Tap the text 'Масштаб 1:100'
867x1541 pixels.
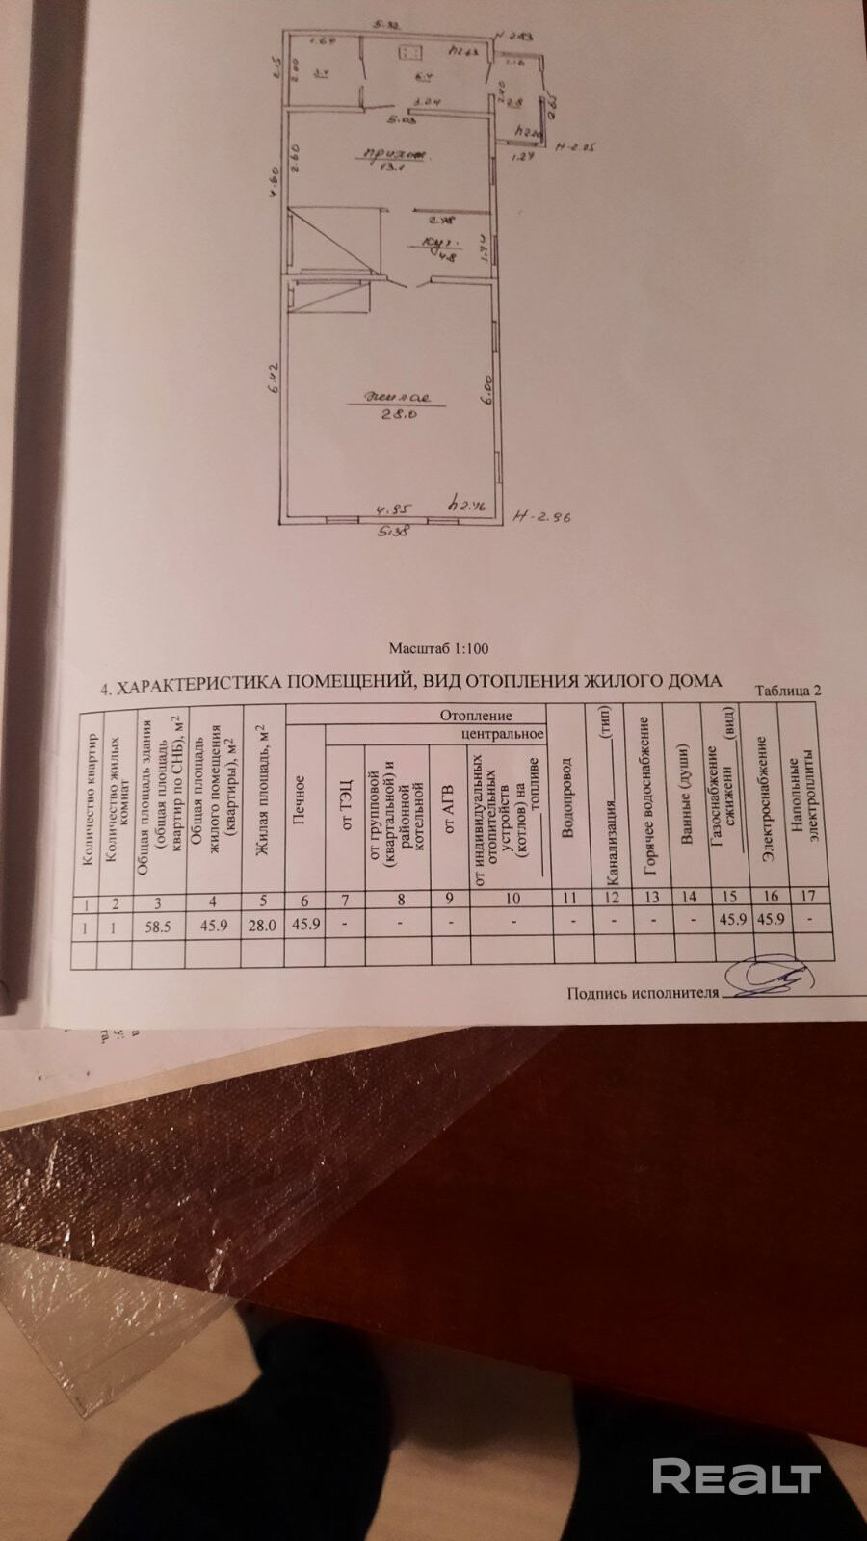(437, 649)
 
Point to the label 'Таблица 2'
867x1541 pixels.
(789, 690)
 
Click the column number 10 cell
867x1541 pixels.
(512, 900)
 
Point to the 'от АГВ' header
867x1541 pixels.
(448, 809)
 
